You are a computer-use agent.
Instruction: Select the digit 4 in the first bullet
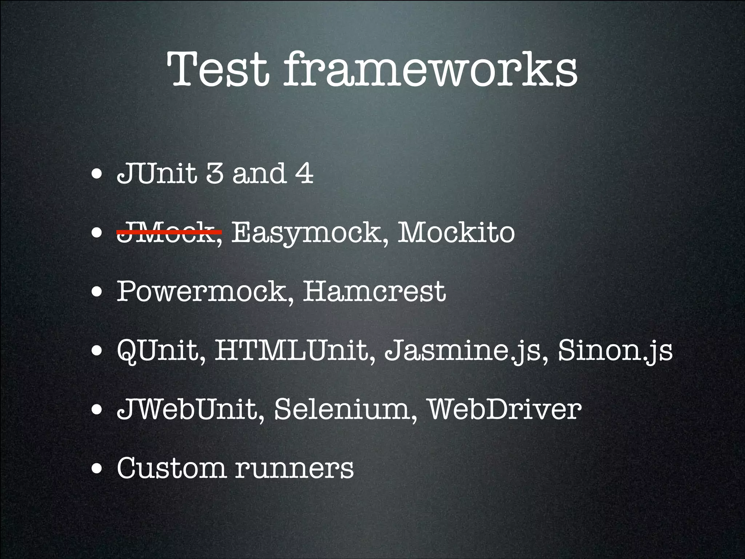[x=304, y=174]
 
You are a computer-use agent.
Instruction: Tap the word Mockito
[x=456, y=232]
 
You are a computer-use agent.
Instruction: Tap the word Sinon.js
[x=615, y=351]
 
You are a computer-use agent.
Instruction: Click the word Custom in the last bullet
[x=171, y=468]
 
